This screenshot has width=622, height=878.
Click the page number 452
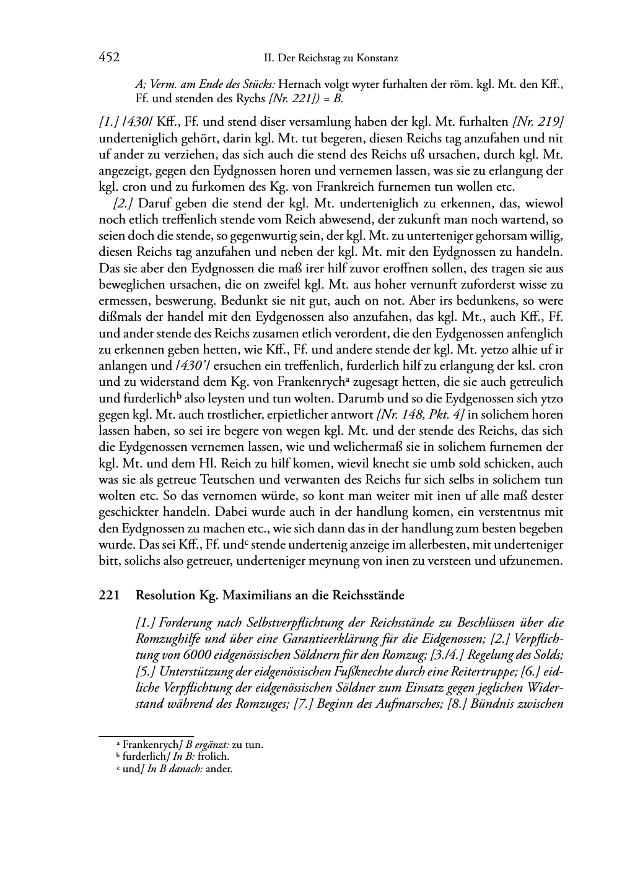[109, 58]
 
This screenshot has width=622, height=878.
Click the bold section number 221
[109, 596]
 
